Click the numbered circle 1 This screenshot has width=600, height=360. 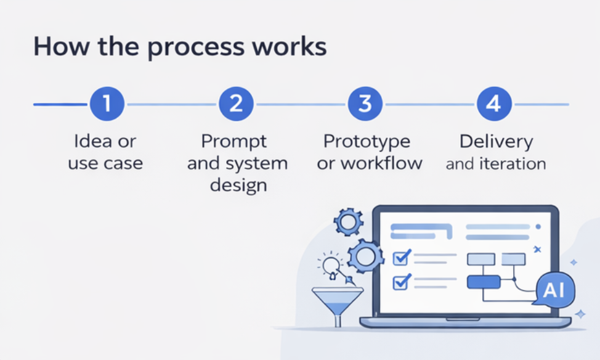pyautogui.click(x=107, y=104)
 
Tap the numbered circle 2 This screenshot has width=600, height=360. pyautogui.click(x=236, y=104)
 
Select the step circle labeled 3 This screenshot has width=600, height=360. pyautogui.click(x=365, y=104)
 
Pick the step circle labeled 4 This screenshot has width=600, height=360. pyautogui.click(x=494, y=104)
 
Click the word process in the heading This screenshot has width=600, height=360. pyautogui.click(x=196, y=48)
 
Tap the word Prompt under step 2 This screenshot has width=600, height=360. pyautogui.click(x=234, y=142)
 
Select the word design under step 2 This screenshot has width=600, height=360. pyautogui.click(x=238, y=186)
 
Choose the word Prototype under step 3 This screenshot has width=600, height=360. pyautogui.click(x=367, y=142)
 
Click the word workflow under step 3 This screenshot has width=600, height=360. pyautogui.click(x=381, y=163)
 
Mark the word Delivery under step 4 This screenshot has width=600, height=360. pyautogui.click(x=497, y=142)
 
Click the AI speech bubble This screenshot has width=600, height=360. pyautogui.click(x=555, y=290)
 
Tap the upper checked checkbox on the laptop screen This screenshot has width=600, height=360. pyautogui.click(x=402, y=257)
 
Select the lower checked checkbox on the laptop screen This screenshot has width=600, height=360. pyautogui.click(x=402, y=282)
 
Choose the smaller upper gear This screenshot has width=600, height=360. pyautogui.click(x=348, y=221)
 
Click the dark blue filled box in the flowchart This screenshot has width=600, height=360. pyautogui.click(x=484, y=282)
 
